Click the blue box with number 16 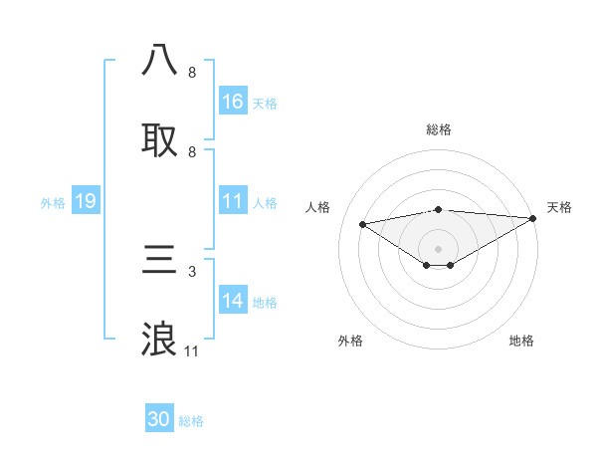coord(233,102)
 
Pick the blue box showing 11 coord(233,201)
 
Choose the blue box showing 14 coord(233,301)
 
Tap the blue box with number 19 coord(86,201)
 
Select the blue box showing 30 coord(159,419)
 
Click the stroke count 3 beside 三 coord(191,271)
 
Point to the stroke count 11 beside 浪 coord(192,351)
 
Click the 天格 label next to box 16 coord(265,104)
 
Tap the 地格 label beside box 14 coord(265,303)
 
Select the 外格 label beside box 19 coord(53,203)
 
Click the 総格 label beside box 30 coord(191,421)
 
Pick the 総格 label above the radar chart coord(439,129)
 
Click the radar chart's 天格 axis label coord(559,207)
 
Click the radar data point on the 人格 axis coord(363,223)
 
